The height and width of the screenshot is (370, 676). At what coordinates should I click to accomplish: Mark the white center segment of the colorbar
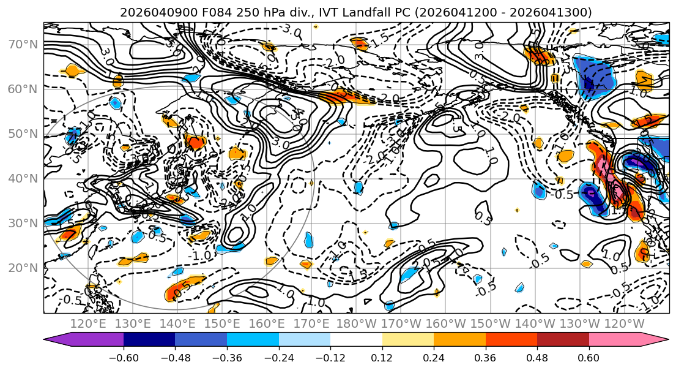[356, 341]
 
